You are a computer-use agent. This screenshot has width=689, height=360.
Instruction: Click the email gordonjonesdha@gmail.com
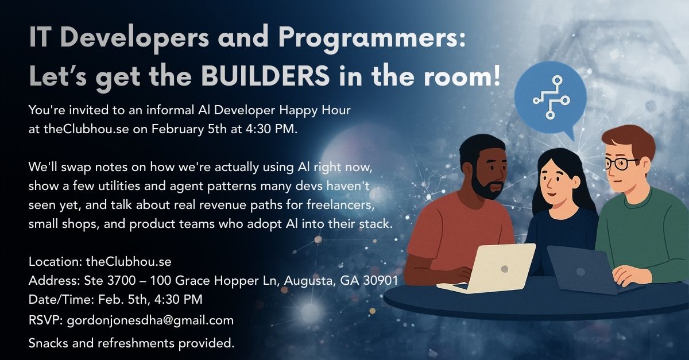[150, 320]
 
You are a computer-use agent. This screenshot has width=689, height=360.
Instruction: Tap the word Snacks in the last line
[48, 344]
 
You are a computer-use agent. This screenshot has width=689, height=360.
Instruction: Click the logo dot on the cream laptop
[504, 268]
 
